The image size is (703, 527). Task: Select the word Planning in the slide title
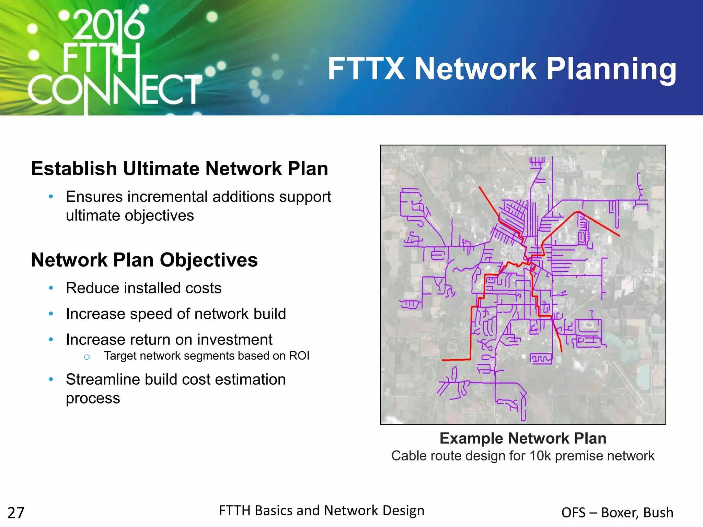[611, 70]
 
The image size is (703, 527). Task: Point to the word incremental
[167, 197]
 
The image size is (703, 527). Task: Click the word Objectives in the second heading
[208, 260]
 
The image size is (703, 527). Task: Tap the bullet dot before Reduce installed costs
[51, 288]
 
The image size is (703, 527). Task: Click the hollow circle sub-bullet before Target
[87, 357]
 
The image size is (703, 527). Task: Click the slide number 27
[16, 513]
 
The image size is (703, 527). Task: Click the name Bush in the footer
[658, 513]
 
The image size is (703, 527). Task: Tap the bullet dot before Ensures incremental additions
[51, 197]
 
